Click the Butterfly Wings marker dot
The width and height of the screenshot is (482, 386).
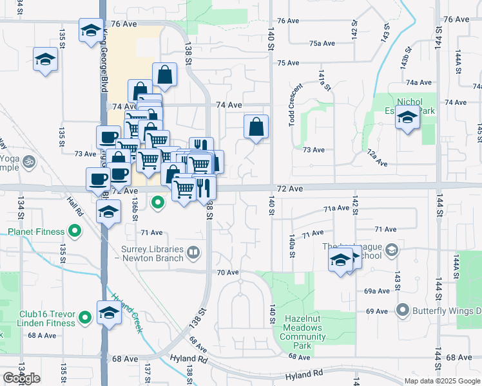(x=403, y=311)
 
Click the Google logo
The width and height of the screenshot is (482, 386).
(x=21, y=378)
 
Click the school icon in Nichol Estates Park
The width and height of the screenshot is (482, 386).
(x=407, y=118)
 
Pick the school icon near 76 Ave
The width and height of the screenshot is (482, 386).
(x=91, y=30)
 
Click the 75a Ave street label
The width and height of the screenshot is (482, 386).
(x=322, y=44)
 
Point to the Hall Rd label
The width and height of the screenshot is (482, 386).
(x=75, y=207)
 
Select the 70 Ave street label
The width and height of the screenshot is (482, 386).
(x=227, y=272)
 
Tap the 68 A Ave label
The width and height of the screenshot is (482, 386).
(x=42, y=335)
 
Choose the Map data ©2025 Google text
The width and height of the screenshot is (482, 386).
(x=441, y=381)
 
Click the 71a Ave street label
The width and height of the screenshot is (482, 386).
(x=336, y=208)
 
